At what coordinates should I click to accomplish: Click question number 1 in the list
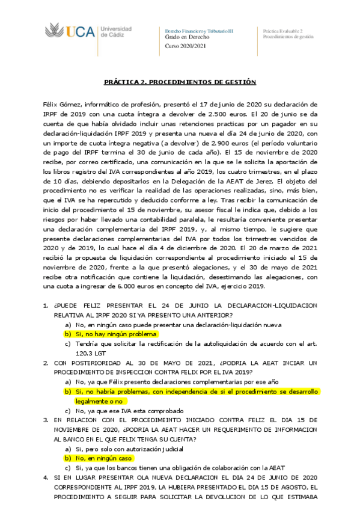46,306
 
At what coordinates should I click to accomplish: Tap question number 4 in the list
46,477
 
